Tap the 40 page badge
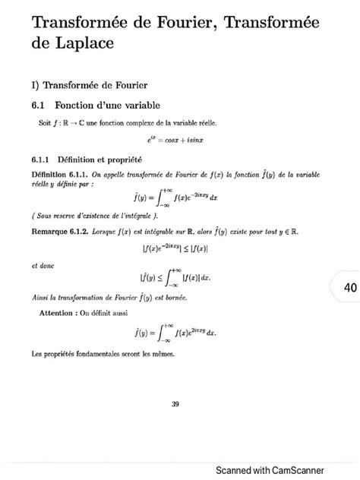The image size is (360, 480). click(x=349, y=288)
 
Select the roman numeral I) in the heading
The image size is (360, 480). click(x=36, y=82)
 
